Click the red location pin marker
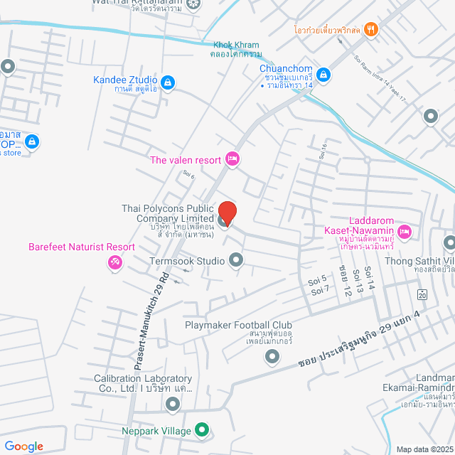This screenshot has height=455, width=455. [x=227, y=212]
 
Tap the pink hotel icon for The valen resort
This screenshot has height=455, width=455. [x=232, y=159]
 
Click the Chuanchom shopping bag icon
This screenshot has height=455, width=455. [x=323, y=73]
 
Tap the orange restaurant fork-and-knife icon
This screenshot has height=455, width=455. [x=370, y=30]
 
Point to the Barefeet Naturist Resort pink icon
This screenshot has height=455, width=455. [x=114, y=264]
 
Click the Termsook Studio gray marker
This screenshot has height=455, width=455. [x=236, y=261]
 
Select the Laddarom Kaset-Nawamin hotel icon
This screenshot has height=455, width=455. [x=404, y=231]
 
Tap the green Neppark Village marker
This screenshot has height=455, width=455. [x=202, y=430]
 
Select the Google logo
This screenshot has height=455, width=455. [x=23, y=446]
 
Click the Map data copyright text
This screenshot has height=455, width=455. [x=424, y=449]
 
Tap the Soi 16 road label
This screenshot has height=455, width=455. [x=323, y=151]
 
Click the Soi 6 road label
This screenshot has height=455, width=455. [x=188, y=173]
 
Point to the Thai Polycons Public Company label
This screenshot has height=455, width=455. [x=168, y=213]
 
